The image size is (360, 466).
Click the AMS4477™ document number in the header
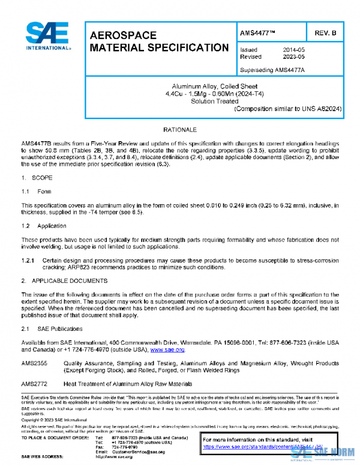coord(259,32)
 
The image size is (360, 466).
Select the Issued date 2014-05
coord(293,50)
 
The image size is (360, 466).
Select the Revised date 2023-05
coord(293,56)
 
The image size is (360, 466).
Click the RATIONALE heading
coord(180,130)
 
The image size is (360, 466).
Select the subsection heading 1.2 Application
coord(44,226)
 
